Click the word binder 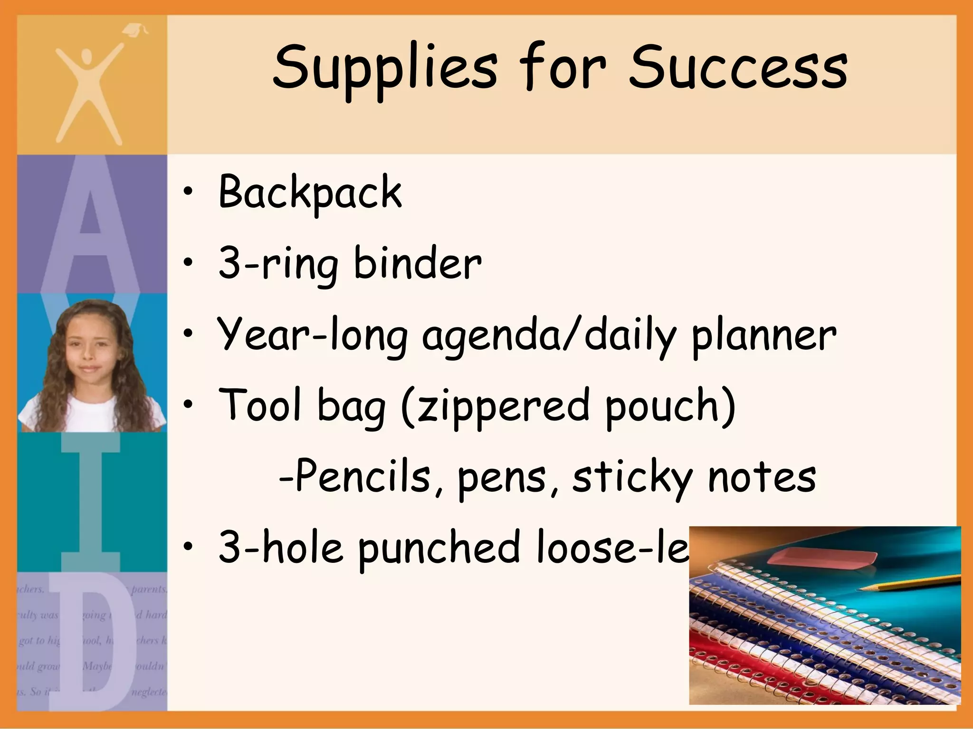coord(418,264)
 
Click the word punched coord(439,548)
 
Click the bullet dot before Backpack coord(189,192)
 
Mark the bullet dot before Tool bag coord(189,405)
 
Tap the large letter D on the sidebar coord(93,650)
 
